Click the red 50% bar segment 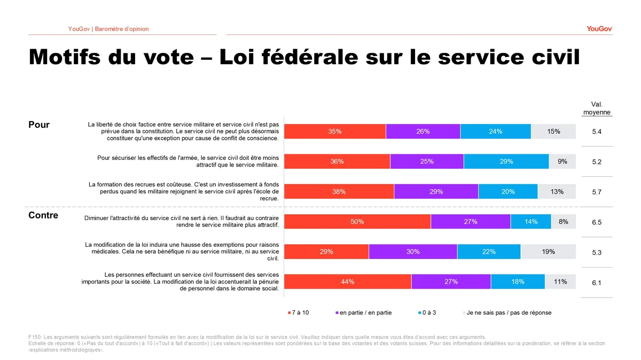357,222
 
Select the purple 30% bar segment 413,252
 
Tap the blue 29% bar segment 506,161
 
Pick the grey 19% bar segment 548,252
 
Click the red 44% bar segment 348,281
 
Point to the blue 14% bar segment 531,222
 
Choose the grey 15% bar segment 553,131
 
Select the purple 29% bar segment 436,191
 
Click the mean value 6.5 597,222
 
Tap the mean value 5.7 597,192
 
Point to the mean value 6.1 597,283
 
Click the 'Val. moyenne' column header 597,108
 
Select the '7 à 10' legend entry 299,312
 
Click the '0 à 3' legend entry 427,312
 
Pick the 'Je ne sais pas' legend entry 507,312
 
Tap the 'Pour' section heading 39,124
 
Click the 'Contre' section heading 43,215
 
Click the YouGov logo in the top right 599,29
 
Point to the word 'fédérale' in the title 310,57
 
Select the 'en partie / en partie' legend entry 363,312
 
